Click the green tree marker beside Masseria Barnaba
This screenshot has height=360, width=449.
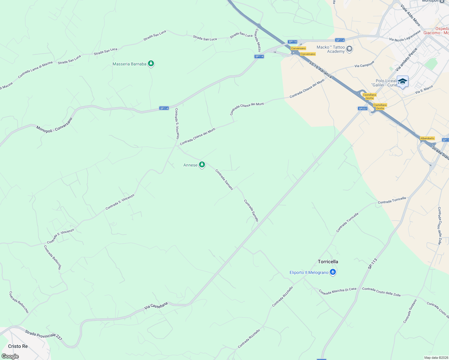(x=151, y=64)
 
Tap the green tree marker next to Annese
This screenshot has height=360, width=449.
(x=202, y=165)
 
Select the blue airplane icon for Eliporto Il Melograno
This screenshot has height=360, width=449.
(x=333, y=272)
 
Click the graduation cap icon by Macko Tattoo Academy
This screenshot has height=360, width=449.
(x=349, y=49)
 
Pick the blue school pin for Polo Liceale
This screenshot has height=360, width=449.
(x=402, y=82)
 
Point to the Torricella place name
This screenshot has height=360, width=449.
(x=328, y=262)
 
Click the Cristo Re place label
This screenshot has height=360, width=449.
(x=18, y=346)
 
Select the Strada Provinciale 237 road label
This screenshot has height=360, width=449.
(x=44, y=335)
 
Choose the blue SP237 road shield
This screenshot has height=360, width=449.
(x=363, y=109)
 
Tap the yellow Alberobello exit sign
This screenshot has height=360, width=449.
(x=427, y=138)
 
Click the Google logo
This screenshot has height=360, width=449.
(x=10, y=356)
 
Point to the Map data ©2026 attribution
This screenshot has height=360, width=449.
(x=436, y=358)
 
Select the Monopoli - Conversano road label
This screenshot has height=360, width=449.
(x=54, y=124)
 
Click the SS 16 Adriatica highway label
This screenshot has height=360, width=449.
(x=321, y=70)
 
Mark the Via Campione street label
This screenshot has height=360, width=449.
(x=364, y=64)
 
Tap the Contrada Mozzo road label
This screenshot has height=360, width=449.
(x=258, y=40)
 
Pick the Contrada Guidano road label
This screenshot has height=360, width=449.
(x=410, y=311)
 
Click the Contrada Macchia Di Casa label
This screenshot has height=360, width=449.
(x=338, y=291)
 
